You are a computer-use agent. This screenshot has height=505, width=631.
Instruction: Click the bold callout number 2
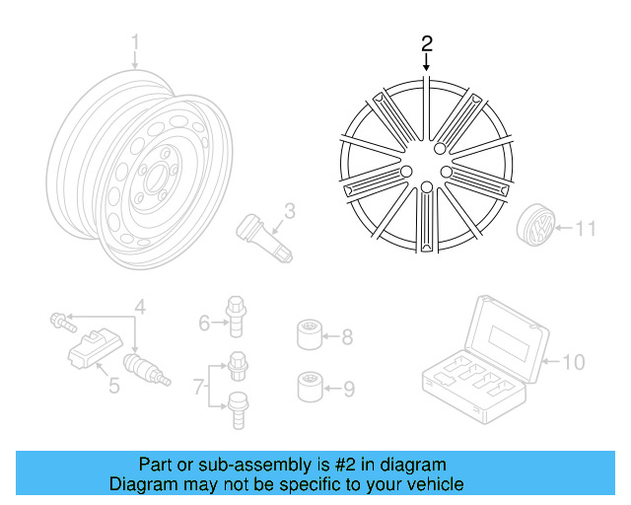(x=426, y=42)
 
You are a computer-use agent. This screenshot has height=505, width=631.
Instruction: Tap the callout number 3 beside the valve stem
(x=290, y=210)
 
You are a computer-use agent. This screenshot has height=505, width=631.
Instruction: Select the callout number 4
(x=140, y=308)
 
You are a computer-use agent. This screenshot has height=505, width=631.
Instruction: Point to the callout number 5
(x=114, y=385)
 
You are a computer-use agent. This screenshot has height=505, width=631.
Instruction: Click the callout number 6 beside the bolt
(x=204, y=323)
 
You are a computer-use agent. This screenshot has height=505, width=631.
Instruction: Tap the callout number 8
(x=347, y=337)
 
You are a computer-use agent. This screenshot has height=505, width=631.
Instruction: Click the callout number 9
(x=347, y=388)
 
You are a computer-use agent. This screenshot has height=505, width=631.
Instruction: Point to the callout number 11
(x=586, y=230)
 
